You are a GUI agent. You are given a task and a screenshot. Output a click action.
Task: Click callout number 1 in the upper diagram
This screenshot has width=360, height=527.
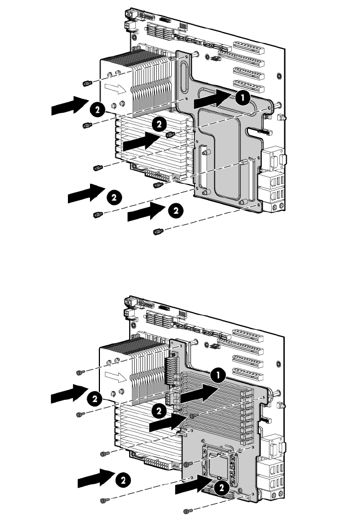pyautogui.click(x=242, y=98)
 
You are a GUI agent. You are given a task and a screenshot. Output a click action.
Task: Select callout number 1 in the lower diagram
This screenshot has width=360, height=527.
pyautogui.click(x=218, y=375)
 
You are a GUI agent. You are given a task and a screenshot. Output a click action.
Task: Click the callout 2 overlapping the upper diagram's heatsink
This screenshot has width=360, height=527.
pyautogui.click(x=159, y=124)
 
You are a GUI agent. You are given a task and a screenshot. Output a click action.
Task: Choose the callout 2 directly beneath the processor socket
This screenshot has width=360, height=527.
pyautogui.click(x=221, y=488)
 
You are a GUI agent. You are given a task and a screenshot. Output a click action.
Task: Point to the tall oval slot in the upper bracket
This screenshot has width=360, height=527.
pyautogui.click(x=184, y=76)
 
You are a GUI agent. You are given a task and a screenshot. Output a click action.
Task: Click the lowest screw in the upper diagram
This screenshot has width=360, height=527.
pyautogui.click(x=158, y=231)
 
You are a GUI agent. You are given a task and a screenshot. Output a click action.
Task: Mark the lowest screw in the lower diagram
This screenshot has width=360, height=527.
pyautogui.click(x=187, y=511)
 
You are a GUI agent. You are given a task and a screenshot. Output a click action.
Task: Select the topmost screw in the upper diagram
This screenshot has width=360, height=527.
pyautogui.click(x=87, y=83)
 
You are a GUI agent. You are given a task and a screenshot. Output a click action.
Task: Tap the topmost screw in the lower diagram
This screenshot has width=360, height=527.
pyautogui.click(x=80, y=372)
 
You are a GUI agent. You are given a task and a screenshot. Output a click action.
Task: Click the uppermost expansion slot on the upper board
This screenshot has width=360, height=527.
pyautogui.click(x=249, y=48)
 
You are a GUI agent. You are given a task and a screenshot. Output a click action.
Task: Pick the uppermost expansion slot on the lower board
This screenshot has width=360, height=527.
pyautogui.click(x=248, y=335)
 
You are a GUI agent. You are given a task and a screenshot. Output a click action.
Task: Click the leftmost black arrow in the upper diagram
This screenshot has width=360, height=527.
pyautogui.click(x=70, y=106)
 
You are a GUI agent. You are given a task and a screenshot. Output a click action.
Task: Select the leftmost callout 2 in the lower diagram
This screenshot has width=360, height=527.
pyautogui.click(x=95, y=399)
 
